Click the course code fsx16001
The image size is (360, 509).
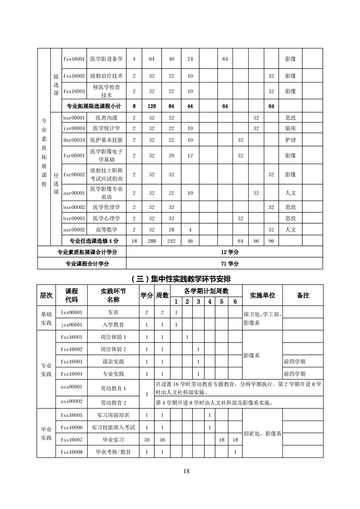[x=74, y=59]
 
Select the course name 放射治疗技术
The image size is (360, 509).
[x=107, y=76]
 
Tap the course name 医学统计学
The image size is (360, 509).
[x=107, y=128]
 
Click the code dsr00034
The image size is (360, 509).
[x=74, y=140]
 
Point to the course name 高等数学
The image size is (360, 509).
[x=107, y=230]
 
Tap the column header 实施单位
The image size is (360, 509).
[x=262, y=295]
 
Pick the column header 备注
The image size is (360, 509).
[x=303, y=295]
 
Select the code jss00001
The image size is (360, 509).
[x=73, y=325]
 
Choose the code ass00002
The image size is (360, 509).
[x=73, y=401]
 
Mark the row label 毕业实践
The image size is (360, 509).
[x=46, y=433]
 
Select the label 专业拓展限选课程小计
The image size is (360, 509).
[x=94, y=106]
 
